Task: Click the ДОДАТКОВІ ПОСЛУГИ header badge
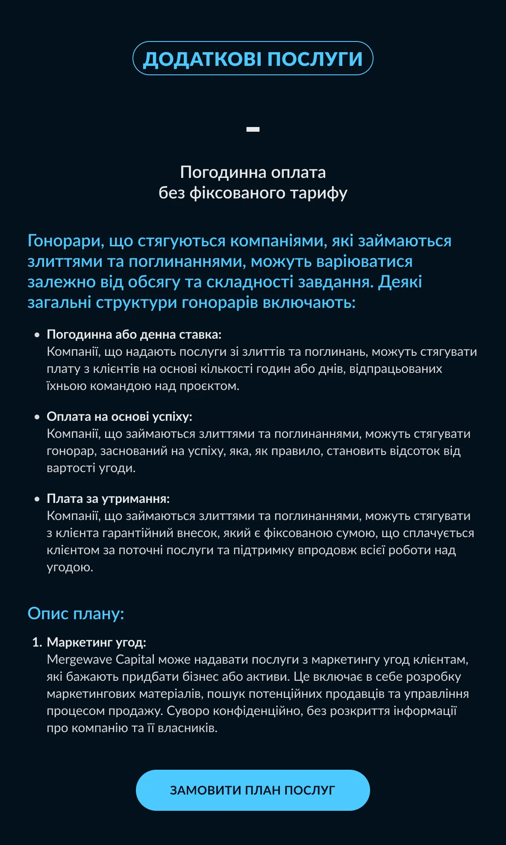click(x=253, y=59)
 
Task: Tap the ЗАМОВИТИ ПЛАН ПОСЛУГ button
click(x=253, y=790)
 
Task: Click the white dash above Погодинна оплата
click(x=253, y=129)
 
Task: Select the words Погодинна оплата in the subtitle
click(x=253, y=172)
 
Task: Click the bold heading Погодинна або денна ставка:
click(x=134, y=334)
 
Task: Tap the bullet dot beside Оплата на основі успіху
click(x=37, y=417)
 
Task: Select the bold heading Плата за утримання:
click(x=108, y=499)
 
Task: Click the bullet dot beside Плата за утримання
click(x=37, y=499)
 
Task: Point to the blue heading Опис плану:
click(x=76, y=613)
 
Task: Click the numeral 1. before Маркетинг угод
click(x=37, y=642)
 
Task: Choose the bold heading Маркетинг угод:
click(x=96, y=642)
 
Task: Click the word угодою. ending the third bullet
click(x=70, y=567)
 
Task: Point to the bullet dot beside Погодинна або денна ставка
click(x=37, y=335)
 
